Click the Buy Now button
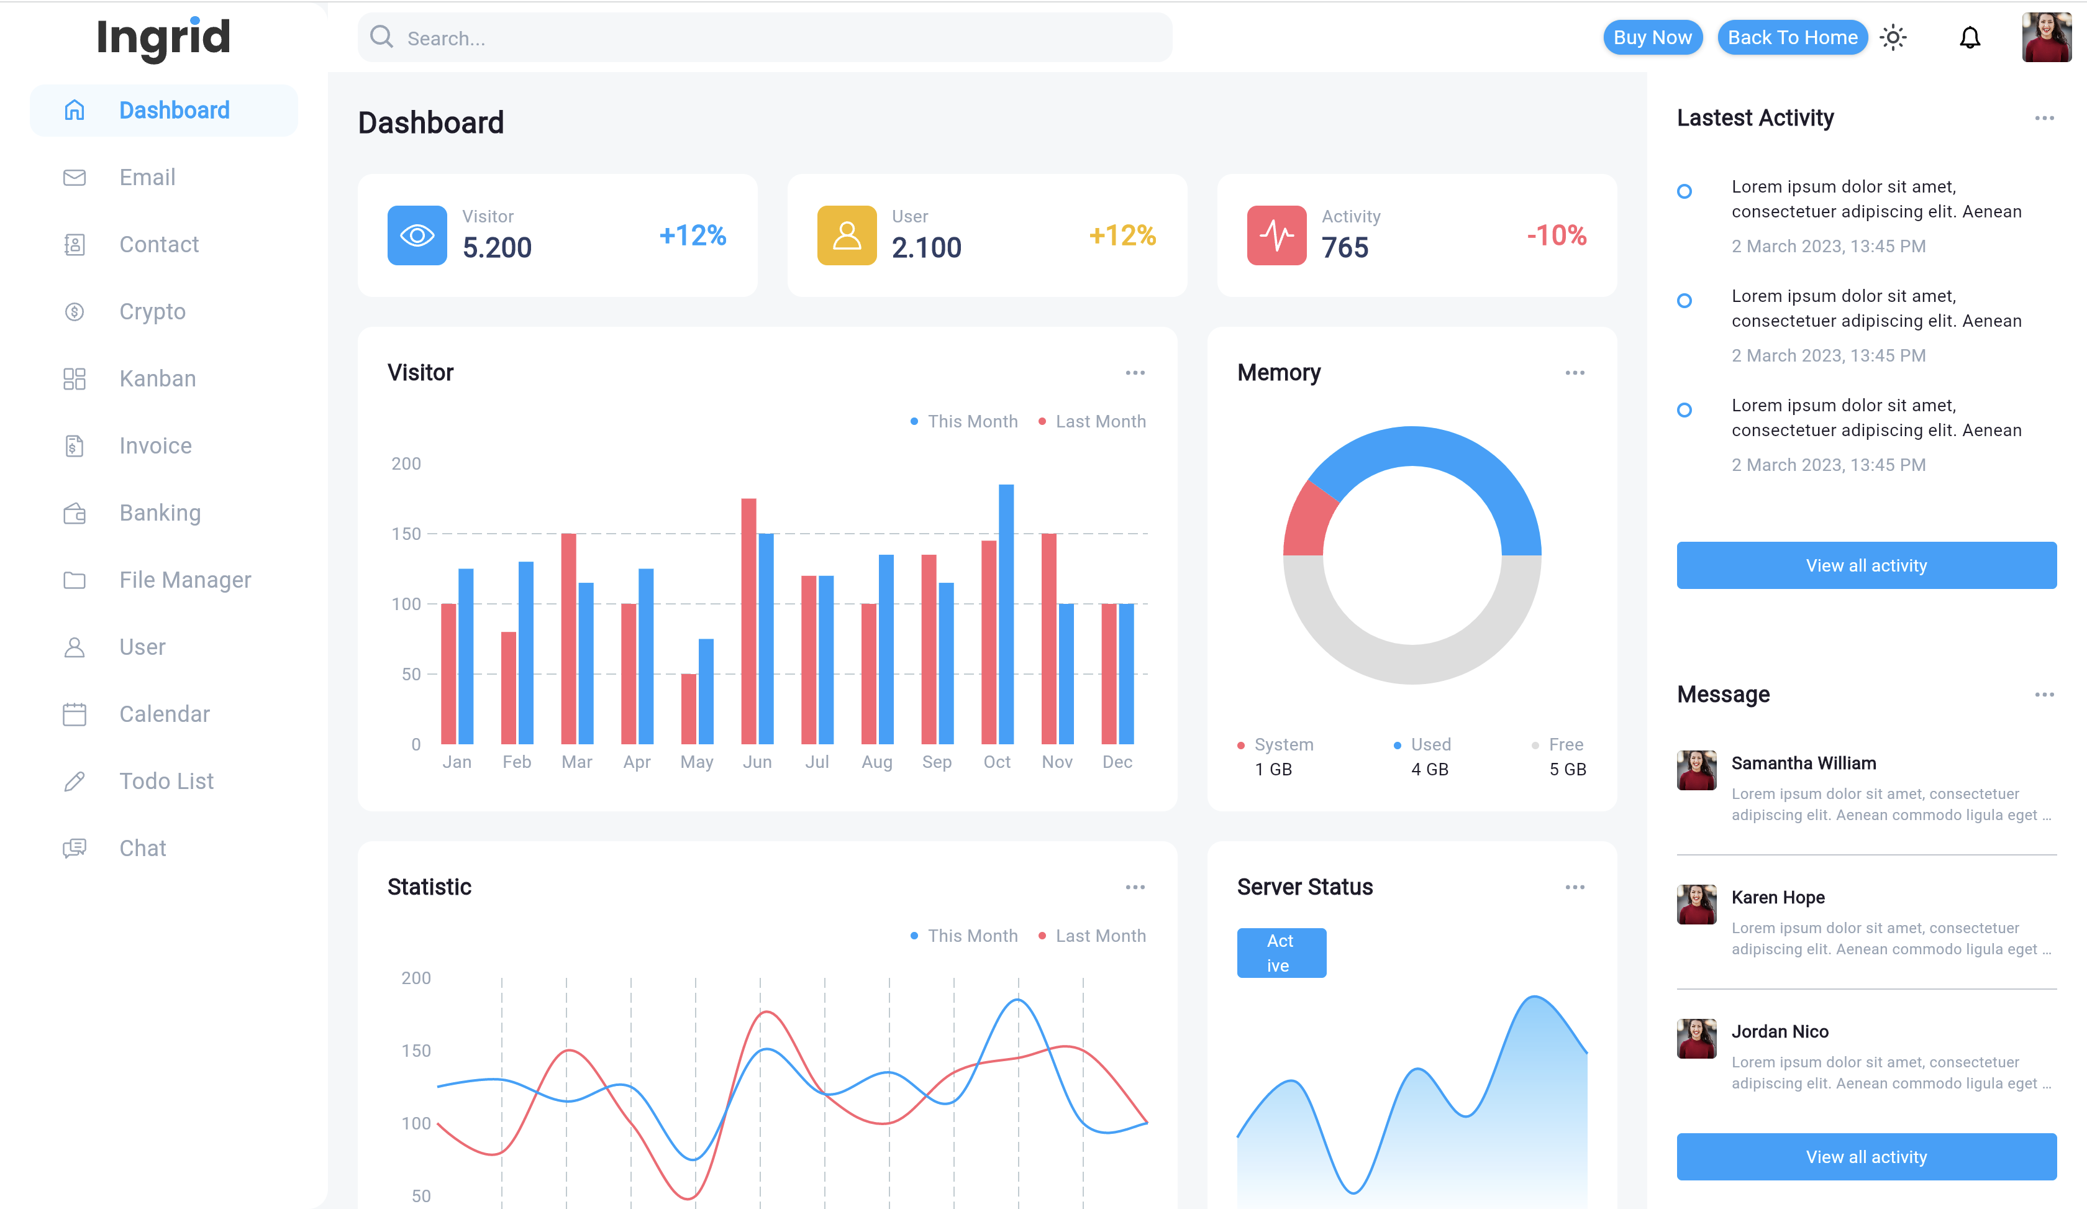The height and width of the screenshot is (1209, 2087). tap(1652, 37)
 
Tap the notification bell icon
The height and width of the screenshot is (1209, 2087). tap(1970, 37)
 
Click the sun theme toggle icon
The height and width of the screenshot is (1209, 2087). tap(1893, 37)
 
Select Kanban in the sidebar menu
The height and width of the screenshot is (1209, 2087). tap(157, 378)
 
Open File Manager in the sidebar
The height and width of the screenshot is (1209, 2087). tap(184, 580)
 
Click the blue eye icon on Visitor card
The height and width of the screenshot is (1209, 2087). tap(417, 236)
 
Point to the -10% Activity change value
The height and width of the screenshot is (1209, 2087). tap(1555, 236)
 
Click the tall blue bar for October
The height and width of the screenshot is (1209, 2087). tap(1006, 613)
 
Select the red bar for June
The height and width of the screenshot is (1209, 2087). tap(748, 621)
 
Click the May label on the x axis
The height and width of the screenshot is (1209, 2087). tap(696, 762)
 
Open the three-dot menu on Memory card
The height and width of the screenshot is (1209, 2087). tap(1575, 373)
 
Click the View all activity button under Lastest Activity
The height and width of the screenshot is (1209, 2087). tap(1866, 565)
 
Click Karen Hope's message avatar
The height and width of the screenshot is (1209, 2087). tap(1696, 905)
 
